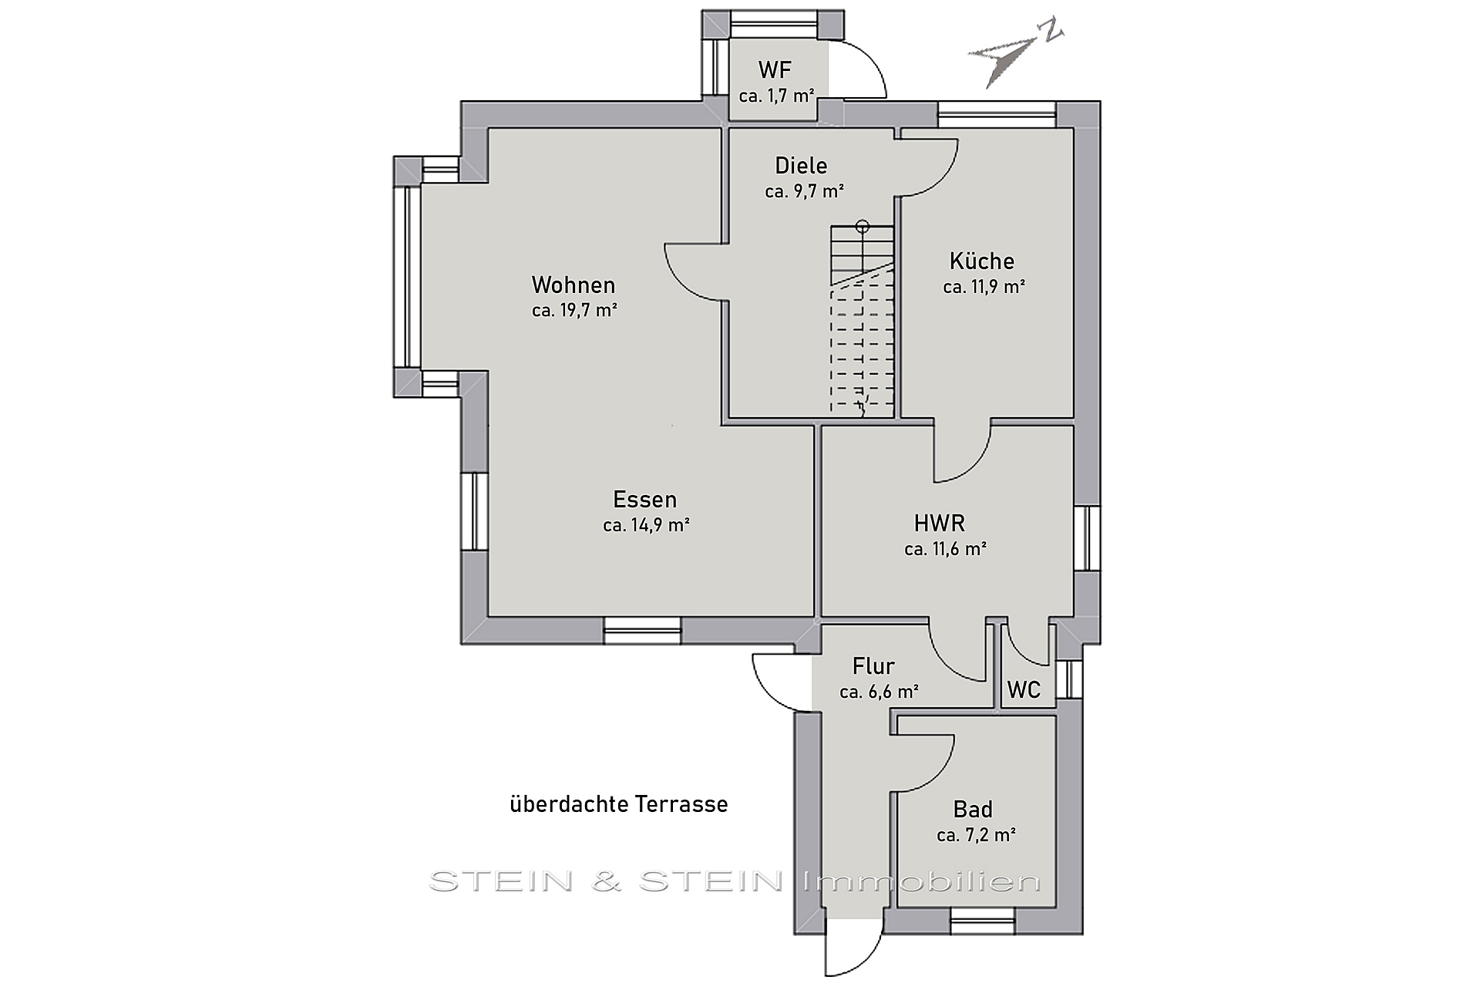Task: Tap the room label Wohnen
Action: [x=573, y=285]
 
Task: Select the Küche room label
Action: [x=982, y=261]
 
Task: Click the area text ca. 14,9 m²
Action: [x=646, y=526]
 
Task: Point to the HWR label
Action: [x=940, y=524]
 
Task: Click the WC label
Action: [x=1024, y=690]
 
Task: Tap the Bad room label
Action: [x=973, y=810]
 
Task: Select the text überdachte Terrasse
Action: [x=619, y=804]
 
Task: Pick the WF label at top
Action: [x=775, y=70]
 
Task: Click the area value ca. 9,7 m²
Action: [x=804, y=192]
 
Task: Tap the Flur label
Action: [x=873, y=665]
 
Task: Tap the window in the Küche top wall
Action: [x=997, y=115]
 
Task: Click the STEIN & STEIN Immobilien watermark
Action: [x=735, y=881]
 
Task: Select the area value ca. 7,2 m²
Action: [x=976, y=835]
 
